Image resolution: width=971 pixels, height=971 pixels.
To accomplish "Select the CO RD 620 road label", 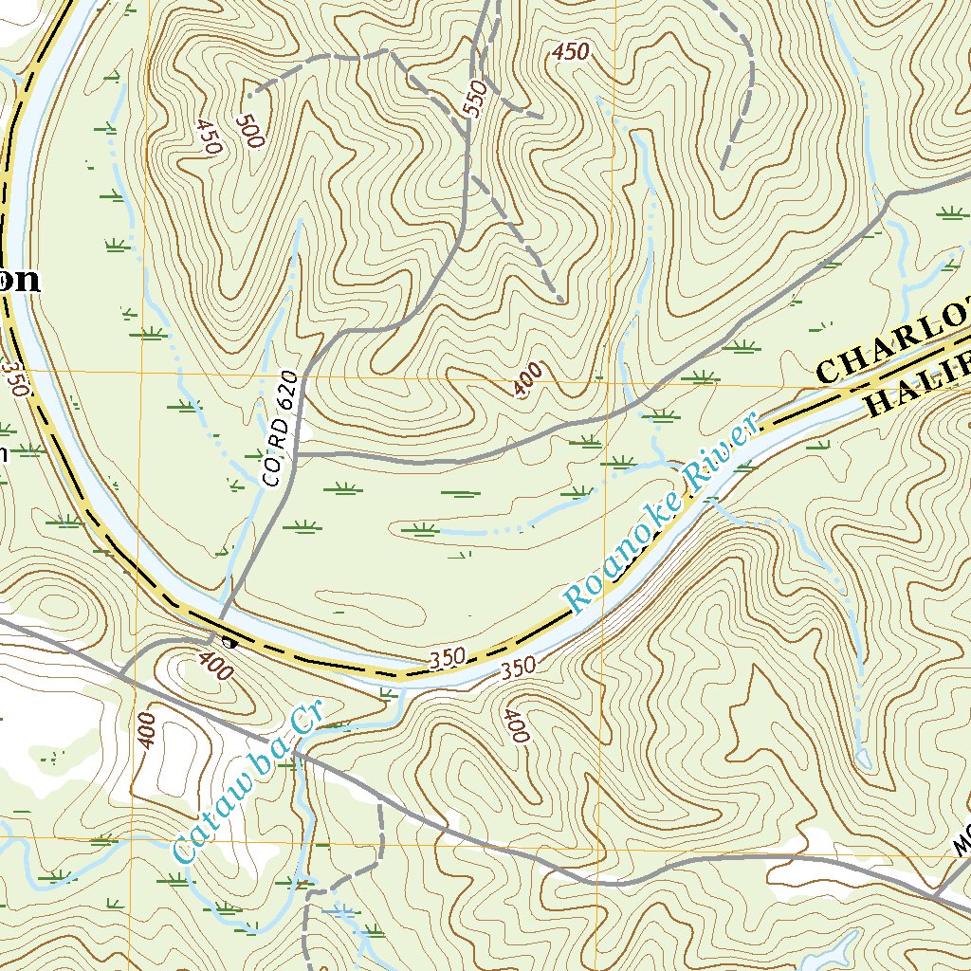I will click(x=282, y=431).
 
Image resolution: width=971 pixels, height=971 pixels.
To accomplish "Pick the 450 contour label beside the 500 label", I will click(x=209, y=137).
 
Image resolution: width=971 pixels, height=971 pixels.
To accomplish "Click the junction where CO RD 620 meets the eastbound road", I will click(x=296, y=455).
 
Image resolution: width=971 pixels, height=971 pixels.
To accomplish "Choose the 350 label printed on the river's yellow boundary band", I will click(x=446, y=656).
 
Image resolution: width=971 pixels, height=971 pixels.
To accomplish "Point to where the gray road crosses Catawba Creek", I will click(x=296, y=755).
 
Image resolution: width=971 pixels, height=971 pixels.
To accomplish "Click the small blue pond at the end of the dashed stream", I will click(x=863, y=758).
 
